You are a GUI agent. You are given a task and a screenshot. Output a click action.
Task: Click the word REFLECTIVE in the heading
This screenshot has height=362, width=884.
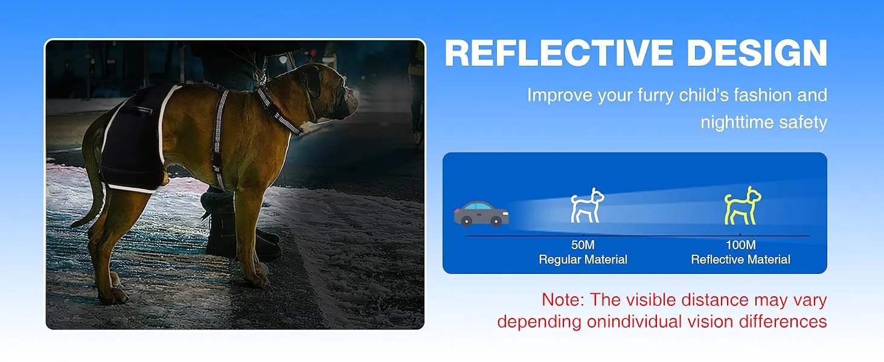click(x=559, y=53)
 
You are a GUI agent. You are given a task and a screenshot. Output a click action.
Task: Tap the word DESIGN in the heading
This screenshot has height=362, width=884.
click(x=757, y=53)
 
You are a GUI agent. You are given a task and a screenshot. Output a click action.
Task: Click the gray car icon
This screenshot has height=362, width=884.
click(x=481, y=214)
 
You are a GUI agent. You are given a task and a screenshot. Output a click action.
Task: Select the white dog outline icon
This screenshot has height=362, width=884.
click(x=588, y=206)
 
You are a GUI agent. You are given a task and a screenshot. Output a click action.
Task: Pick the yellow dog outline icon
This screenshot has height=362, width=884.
click(x=743, y=206)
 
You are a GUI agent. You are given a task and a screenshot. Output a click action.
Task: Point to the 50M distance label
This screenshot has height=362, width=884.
click(x=583, y=245)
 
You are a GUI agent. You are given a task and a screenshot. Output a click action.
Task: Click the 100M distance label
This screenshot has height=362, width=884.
click(x=741, y=245)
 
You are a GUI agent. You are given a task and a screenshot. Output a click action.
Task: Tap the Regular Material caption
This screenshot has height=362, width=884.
click(x=583, y=259)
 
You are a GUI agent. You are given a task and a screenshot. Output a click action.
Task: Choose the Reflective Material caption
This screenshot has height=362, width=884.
click(x=741, y=259)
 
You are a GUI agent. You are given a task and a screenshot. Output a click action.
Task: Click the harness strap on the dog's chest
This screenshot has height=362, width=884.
click(x=219, y=138)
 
